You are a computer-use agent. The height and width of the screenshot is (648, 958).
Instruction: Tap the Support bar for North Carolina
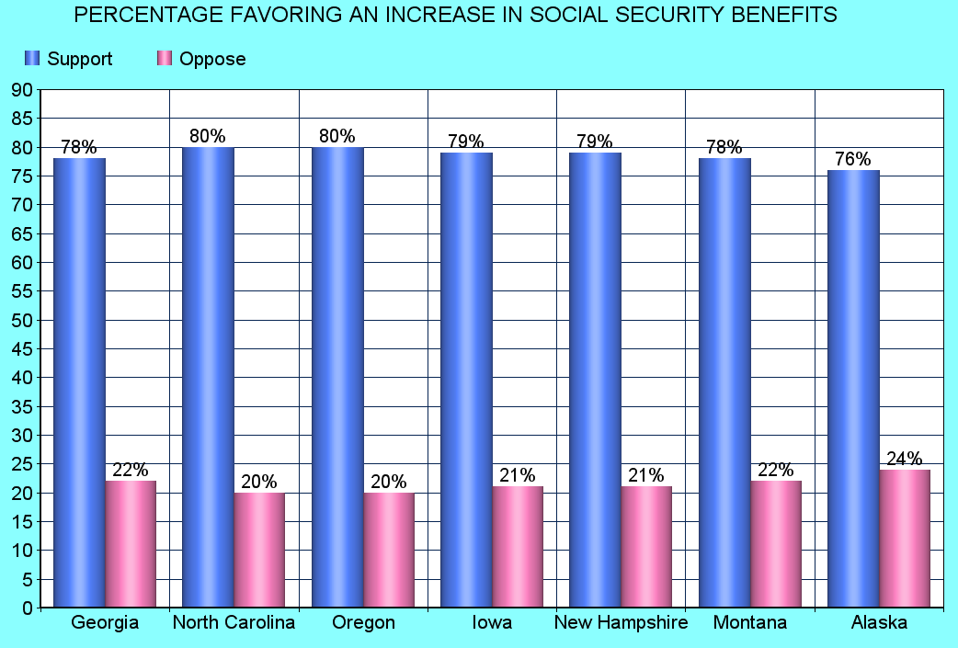coord(209,377)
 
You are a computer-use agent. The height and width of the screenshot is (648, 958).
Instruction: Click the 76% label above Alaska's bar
coord(852,159)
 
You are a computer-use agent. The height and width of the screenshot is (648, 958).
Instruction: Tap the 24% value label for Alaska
coord(904,459)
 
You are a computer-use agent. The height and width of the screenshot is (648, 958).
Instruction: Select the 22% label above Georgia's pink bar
coord(131,470)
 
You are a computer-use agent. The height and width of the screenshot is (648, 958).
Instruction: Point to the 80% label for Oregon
coord(336,136)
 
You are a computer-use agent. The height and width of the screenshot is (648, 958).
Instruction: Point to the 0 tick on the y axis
coord(28,608)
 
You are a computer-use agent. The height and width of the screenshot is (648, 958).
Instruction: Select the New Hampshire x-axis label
coord(621,623)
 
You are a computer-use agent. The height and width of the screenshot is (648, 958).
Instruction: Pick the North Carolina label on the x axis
coord(234,623)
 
